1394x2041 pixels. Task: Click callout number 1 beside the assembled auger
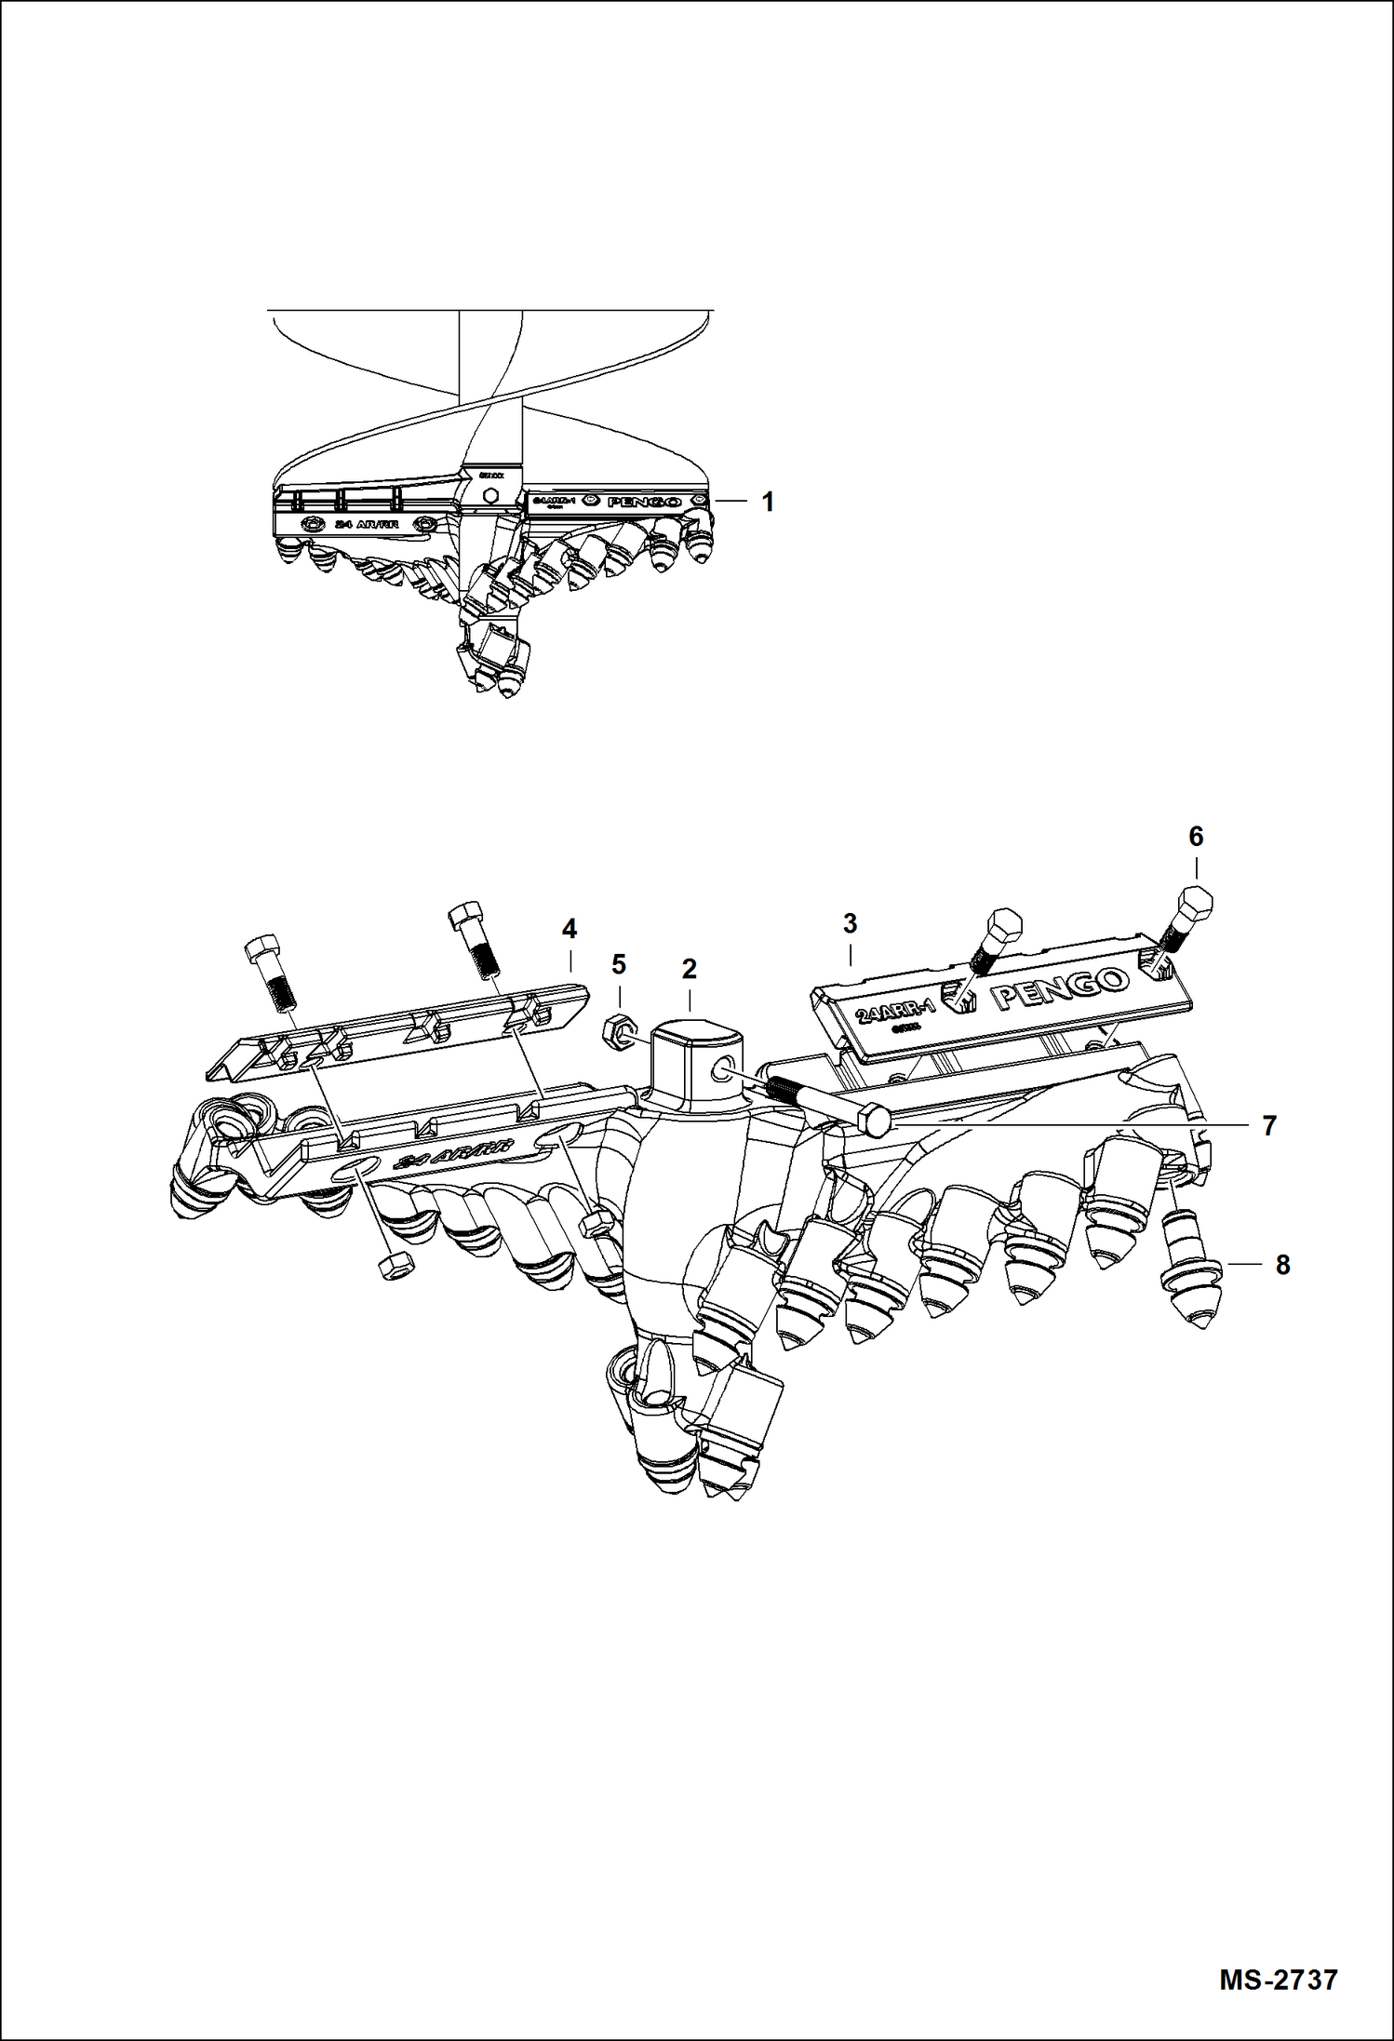tap(768, 503)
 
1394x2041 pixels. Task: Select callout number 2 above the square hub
tap(689, 969)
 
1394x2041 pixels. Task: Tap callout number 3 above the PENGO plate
tap(850, 924)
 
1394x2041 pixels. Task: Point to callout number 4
tap(570, 928)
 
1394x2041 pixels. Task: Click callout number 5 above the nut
tap(619, 965)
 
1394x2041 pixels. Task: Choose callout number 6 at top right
tap(1196, 837)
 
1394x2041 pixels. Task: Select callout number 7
tap(1269, 1126)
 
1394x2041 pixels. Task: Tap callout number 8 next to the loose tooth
tap(1282, 1266)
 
